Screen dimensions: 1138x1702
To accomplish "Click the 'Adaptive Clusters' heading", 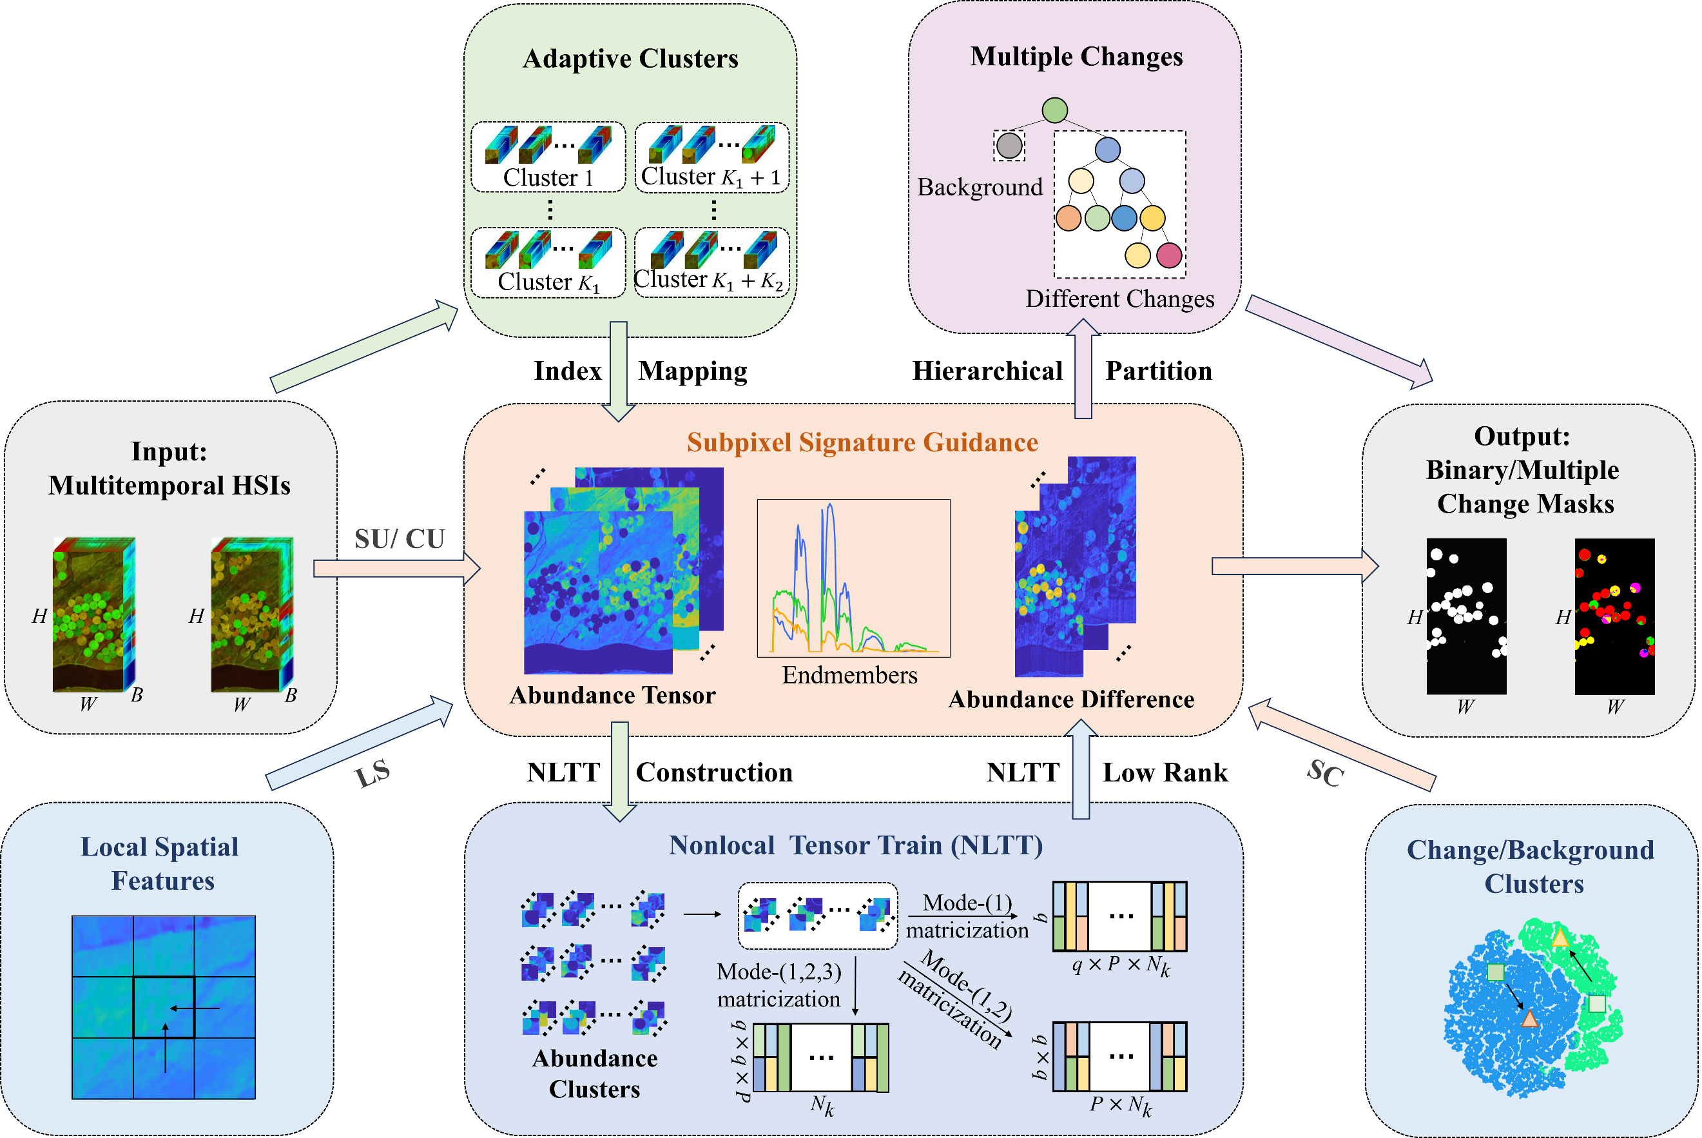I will (630, 59).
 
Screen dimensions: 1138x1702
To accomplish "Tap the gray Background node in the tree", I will (1009, 145).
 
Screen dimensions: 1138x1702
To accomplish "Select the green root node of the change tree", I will (1054, 110).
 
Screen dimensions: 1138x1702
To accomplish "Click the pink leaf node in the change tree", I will (1169, 255).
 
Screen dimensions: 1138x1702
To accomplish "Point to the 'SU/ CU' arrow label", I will (399, 538).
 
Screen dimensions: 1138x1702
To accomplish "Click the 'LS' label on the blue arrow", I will (373, 774).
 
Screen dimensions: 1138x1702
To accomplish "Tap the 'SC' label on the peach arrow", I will (1326, 773).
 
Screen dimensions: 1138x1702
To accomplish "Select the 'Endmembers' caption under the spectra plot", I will (849, 675).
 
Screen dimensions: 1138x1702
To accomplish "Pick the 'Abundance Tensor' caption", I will (612, 695).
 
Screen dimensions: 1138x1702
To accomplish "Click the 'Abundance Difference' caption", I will (1071, 699).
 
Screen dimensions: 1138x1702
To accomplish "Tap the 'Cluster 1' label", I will (548, 177).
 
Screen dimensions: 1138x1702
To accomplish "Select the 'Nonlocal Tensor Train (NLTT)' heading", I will (855, 845).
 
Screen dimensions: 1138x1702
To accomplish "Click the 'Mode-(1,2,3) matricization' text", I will (778, 985).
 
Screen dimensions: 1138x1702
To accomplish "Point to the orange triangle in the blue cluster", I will (1529, 1020).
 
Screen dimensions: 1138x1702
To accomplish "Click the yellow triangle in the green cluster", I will (1560, 937).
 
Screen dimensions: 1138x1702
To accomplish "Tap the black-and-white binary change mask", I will (1465, 616).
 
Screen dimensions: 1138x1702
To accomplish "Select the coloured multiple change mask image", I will (1614, 616).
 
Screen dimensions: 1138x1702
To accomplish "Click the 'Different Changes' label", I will (1119, 299).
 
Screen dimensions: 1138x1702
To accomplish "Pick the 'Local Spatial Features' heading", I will (160, 864).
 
